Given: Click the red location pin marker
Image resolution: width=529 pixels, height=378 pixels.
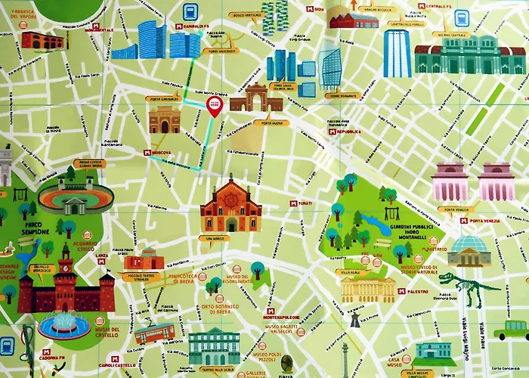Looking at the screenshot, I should tap(214, 107).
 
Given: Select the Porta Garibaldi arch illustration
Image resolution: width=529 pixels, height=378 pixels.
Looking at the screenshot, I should tap(164, 119).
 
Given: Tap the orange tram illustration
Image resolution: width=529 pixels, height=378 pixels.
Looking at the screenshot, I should tap(154, 332).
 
